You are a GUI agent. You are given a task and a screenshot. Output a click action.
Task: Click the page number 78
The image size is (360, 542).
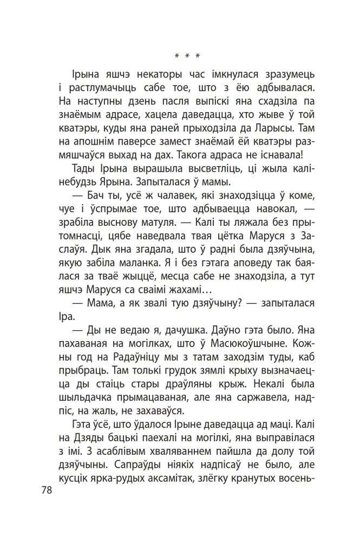[48, 489]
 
